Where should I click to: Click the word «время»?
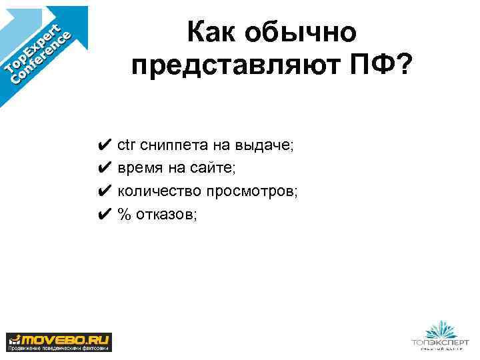click(x=141, y=169)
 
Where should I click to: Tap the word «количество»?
click(x=159, y=192)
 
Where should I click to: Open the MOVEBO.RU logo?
click(x=59, y=341)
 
